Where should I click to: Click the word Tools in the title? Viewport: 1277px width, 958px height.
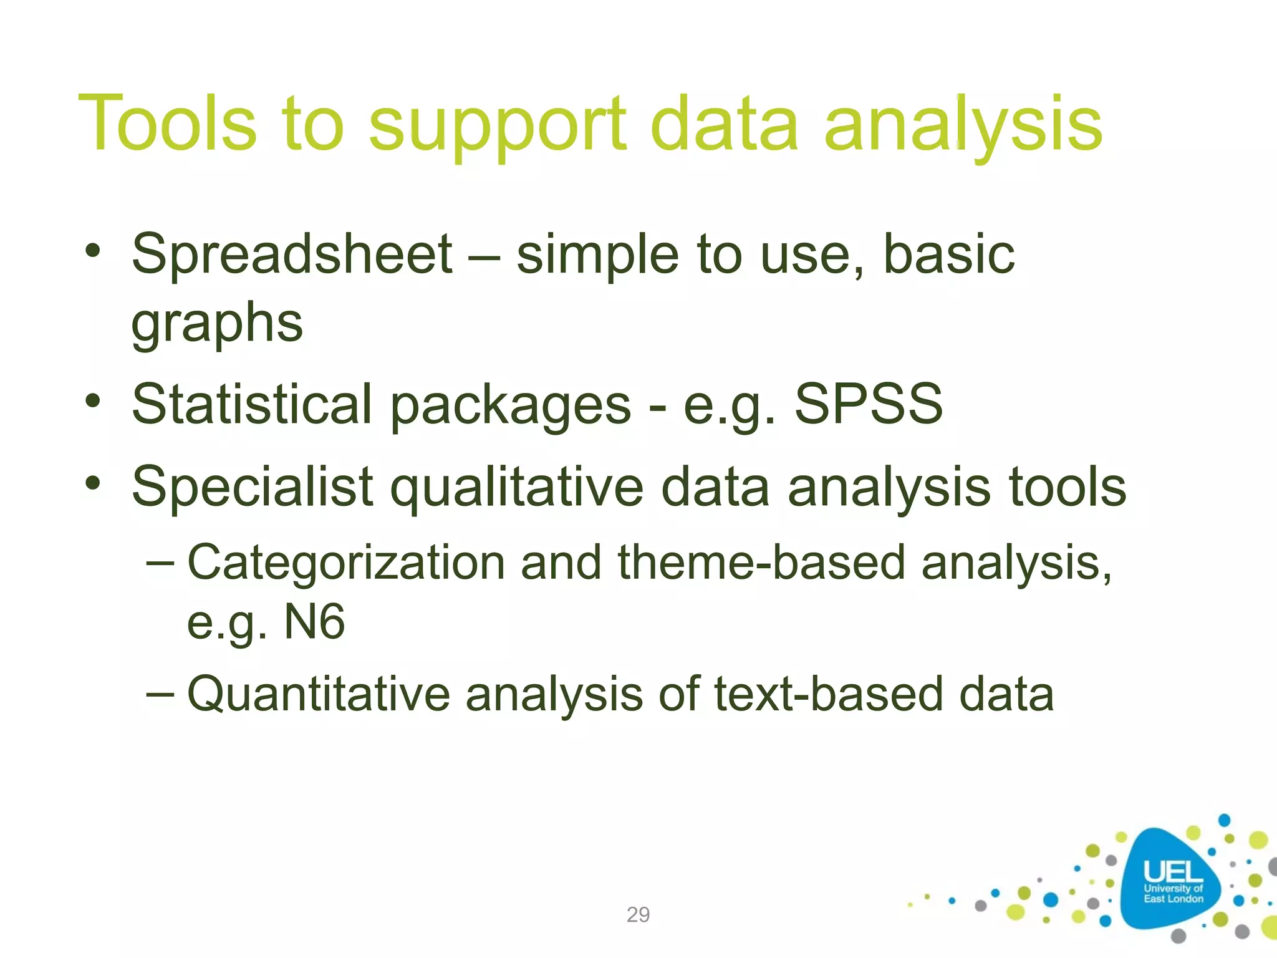pos(167,123)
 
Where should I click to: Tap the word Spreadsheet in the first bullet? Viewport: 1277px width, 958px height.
pos(292,254)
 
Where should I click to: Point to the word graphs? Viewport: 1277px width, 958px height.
pos(217,324)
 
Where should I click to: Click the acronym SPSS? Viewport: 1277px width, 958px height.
pos(868,404)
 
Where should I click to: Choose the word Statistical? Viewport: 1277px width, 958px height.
pos(252,404)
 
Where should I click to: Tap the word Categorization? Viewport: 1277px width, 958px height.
pos(346,563)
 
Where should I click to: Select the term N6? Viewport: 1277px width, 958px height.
pos(314,622)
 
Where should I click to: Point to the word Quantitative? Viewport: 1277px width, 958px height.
pos(318,694)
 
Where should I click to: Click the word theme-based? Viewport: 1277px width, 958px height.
pos(761,563)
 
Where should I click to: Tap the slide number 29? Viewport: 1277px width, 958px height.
pos(638,914)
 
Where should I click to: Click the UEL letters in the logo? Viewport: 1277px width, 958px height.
pos(1172,871)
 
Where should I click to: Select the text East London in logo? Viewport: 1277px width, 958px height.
pos(1173,899)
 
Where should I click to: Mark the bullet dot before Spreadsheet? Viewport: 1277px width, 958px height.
pos(93,251)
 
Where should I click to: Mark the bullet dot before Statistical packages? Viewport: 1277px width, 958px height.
pos(93,401)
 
